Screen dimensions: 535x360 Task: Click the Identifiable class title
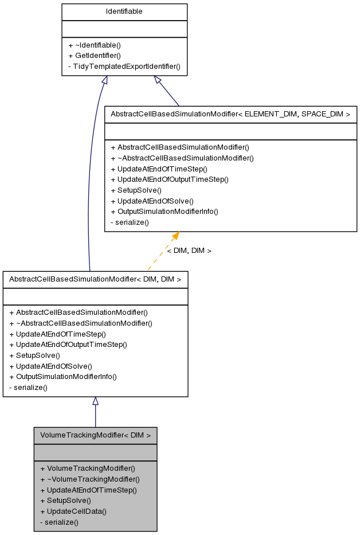[x=124, y=11]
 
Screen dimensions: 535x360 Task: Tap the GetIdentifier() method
[x=94, y=56]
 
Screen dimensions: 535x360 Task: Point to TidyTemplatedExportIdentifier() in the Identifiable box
[x=124, y=66]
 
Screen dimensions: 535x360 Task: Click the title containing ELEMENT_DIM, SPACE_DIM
[x=230, y=114]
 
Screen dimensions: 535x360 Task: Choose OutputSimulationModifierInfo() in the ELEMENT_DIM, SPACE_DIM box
[x=164, y=211]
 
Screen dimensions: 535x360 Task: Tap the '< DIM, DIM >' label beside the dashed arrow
[x=189, y=251]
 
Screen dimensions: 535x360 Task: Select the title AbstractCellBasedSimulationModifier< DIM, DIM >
[x=95, y=279]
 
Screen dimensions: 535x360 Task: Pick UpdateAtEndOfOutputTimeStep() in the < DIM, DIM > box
[x=68, y=345]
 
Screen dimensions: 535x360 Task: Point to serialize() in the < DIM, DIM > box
[x=28, y=387]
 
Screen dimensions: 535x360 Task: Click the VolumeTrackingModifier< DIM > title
[x=95, y=435]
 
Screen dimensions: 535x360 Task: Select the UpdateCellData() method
[x=73, y=511]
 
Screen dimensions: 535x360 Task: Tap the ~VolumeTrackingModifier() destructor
[x=90, y=479]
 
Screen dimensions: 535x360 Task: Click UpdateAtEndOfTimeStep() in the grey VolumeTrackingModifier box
[x=88, y=490]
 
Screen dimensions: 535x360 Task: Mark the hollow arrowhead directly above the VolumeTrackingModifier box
[x=95, y=401]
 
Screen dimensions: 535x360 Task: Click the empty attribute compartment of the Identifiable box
[x=124, y=29]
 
